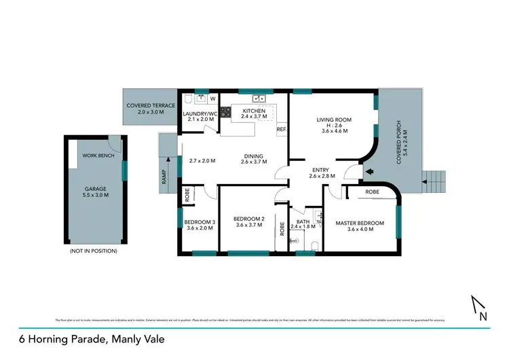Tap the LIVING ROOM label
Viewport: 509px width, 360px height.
click(x=334, y=120)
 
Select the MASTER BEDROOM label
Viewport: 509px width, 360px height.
click(x=360, y=223)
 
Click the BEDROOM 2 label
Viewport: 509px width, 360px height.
click(x=249, y=219)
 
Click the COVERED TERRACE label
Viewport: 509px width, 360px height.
click(x=151, y=106)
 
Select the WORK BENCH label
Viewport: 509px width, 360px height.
click(x=98, y=156)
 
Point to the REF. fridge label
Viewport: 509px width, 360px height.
click(x=282, y=128)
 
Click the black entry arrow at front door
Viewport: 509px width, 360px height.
click(x=369, y=172)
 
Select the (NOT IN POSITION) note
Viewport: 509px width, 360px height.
click(x=94, y=251)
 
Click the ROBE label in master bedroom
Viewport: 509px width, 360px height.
click(x=373, y=192)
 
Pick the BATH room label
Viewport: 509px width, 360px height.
click(x=303, y=222)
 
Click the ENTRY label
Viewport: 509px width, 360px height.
click(x=319, y=170)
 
